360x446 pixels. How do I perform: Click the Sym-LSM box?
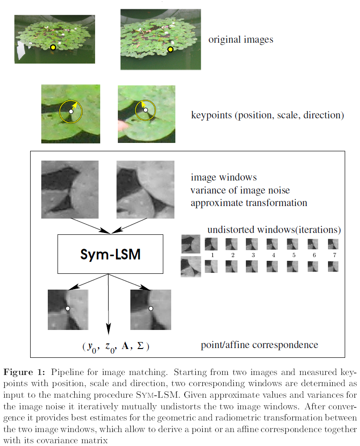[110, 254]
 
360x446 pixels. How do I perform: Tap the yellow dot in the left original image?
[53, 47]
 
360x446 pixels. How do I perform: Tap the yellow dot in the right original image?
[170, 49]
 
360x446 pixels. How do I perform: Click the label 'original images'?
[240, 39]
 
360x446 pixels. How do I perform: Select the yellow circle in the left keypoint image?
[71, 111]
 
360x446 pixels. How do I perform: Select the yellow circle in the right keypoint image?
[145, 110]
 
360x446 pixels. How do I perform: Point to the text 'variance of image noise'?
[240, 190]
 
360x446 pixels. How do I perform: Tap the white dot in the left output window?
[68, 308]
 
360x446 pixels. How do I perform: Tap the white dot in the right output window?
[150, 308]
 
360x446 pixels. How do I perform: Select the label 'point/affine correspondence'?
[259, 345]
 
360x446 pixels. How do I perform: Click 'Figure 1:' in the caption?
[24, 373]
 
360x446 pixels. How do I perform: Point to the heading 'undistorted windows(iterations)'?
[274, 230]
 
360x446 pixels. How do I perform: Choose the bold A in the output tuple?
[126, 347]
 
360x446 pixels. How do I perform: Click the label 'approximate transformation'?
[249, 203]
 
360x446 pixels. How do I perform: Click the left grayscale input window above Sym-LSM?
[70, 189]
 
